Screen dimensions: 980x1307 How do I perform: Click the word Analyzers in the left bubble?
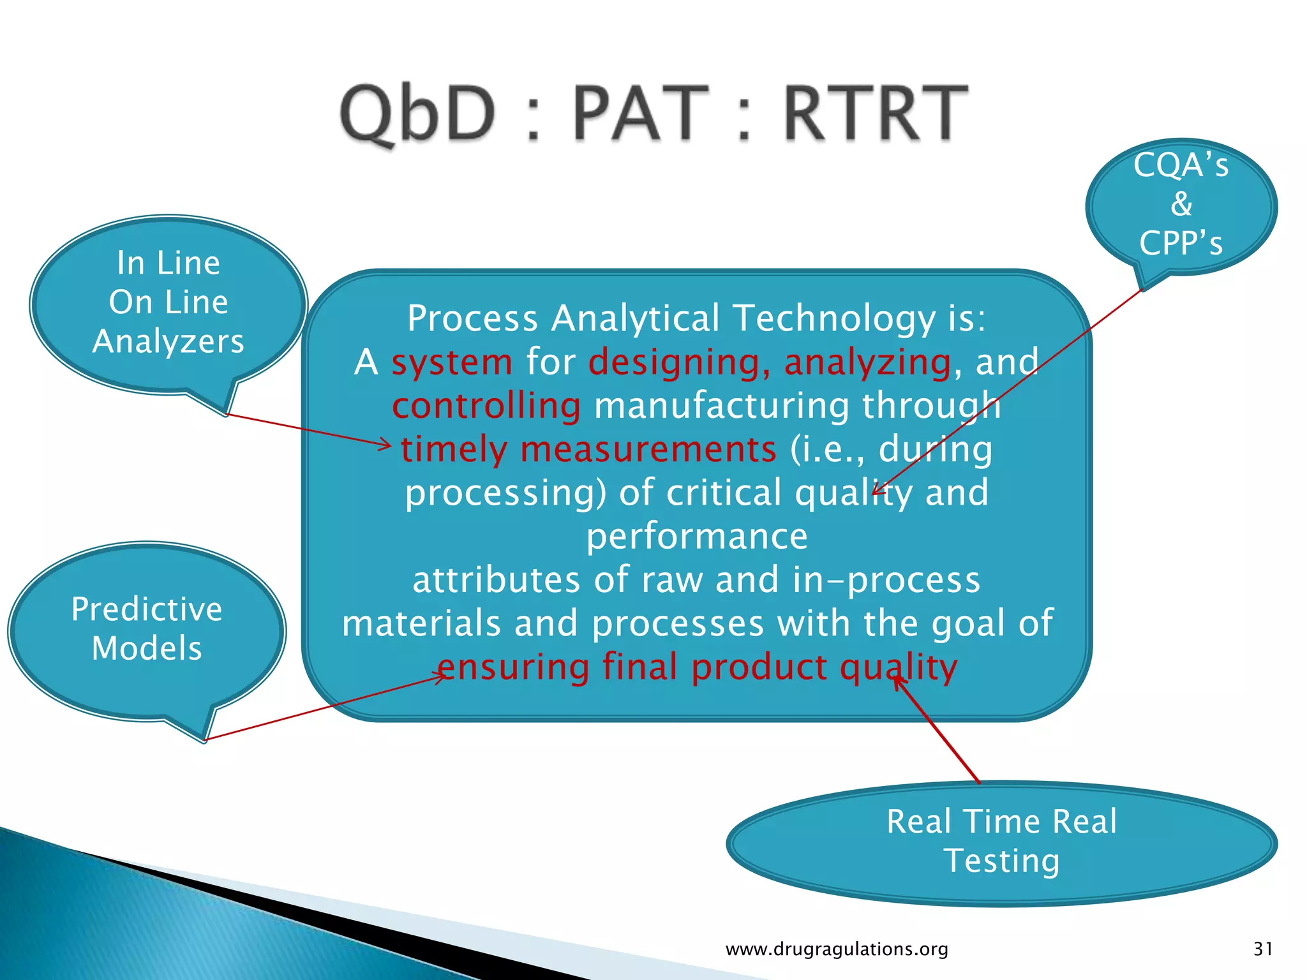pyautogui.click(x=168, y=341)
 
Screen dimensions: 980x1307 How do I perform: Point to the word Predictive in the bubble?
pyautogui.click(x=147, y=609)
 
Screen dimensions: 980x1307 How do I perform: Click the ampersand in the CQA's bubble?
pyautogui.click(x=1181, y=204)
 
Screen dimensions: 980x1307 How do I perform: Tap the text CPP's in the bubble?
pyautogui.click(x=1181, y=243)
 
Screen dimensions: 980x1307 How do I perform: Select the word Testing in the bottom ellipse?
pyautogui.click(x=1002, y=861)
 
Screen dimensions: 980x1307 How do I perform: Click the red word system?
pyautogui.click(x=452, y=362)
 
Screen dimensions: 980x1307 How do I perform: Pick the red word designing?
pyautogui.click(x=674, y=362)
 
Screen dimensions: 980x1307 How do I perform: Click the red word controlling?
pyautogui.click(x=486, y=406)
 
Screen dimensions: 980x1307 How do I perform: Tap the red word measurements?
pyautogui.click(x=648, y=449)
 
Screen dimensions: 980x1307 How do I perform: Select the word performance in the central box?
pyautogui.click(x=697, y=536)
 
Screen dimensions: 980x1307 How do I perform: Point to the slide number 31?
pyautogui.click(x=1263, y=949)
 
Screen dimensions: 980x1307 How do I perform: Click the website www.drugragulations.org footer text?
pyautogui.click(x=837, y=949)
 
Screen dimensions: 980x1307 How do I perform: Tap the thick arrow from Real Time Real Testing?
pyautogui.click(x=937, y=731)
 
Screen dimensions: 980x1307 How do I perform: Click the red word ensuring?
pyautogui.click(x=513, y=667)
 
